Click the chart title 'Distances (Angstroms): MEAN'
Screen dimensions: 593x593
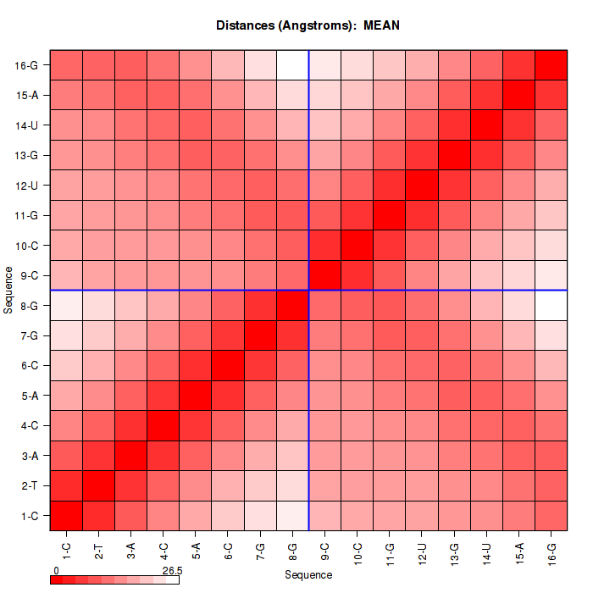coord(308,25)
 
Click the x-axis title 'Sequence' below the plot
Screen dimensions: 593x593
coord(308,575)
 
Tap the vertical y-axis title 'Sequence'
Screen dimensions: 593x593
coord(8,291)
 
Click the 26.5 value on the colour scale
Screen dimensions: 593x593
coord(172,571)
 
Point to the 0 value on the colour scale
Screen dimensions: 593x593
coord(56,571)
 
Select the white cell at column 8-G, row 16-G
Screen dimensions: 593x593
coord(292,65)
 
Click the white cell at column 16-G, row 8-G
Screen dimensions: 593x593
coord(551,305)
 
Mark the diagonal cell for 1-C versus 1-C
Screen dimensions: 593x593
coord(66,516)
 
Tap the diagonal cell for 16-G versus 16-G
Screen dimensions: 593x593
coord(551,65)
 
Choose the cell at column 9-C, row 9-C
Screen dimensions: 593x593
coord(324,275)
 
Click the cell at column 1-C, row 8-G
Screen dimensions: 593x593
coord(66,305)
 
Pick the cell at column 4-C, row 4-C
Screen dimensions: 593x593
coord(163,425)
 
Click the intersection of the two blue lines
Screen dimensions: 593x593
coord(308,291)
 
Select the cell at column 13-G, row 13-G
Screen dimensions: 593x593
coord(454,155)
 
